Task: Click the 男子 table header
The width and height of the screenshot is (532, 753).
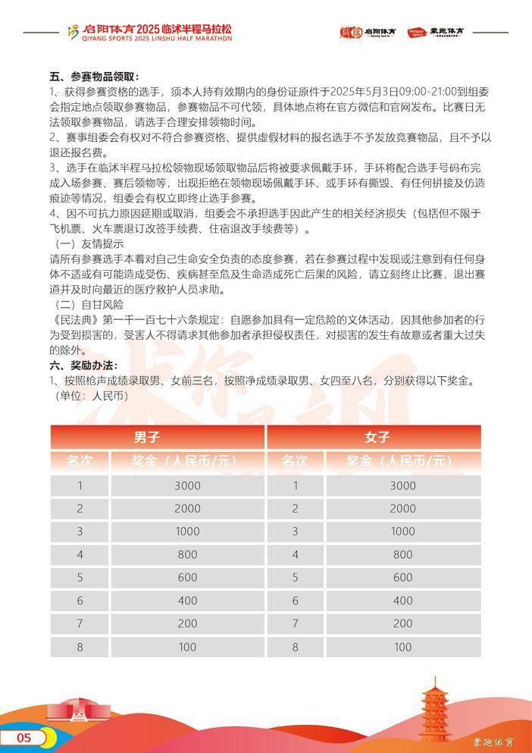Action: (158, 437)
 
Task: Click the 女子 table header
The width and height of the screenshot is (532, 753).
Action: (373, 437)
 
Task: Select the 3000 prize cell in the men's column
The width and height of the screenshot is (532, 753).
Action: (187, 486)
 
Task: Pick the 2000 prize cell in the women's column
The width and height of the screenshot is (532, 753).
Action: (403, 509)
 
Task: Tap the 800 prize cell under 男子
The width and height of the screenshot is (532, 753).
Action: (187, 554)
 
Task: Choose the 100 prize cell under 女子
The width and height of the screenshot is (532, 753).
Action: (403, 647)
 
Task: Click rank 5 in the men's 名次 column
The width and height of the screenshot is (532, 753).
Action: (80, 577)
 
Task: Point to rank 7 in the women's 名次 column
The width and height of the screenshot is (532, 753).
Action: (296, 623)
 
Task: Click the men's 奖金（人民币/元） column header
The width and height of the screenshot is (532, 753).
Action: (187, 460)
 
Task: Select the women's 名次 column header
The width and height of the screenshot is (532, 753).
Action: (296, 460)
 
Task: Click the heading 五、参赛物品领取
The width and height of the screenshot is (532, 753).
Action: (95, 77)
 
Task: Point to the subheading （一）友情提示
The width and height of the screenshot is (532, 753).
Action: (89, 243)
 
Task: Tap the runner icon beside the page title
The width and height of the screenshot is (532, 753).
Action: (73, 32)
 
